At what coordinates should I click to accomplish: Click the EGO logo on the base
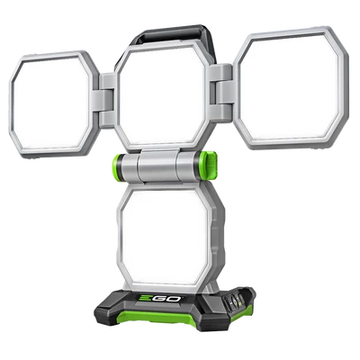160,299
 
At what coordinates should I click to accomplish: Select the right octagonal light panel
291,87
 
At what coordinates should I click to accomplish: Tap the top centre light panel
162,96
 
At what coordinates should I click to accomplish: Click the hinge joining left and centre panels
107,101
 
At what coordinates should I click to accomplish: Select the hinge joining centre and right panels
221,93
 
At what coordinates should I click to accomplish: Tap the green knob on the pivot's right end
209,165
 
